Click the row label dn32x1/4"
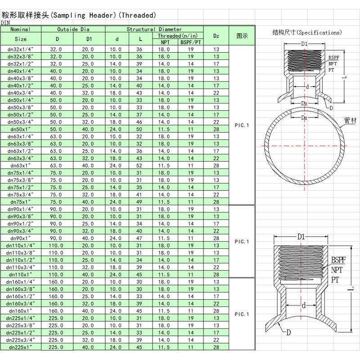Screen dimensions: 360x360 (x=20, y=49)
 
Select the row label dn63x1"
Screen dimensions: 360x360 (x=20, y=166)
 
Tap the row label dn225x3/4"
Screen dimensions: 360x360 (x=20, y=340)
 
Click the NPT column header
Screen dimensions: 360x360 (x=165, y=42)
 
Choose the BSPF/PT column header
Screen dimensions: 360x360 (x=190, y=42)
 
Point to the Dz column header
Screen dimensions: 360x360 (x=216, y=36)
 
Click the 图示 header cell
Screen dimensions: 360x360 (x=242, y=36)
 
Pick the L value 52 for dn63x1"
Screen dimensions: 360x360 (x=139, y=166)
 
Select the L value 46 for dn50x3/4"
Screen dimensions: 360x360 (x=139, y=122)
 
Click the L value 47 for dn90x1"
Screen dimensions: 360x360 (x=139, y=238)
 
